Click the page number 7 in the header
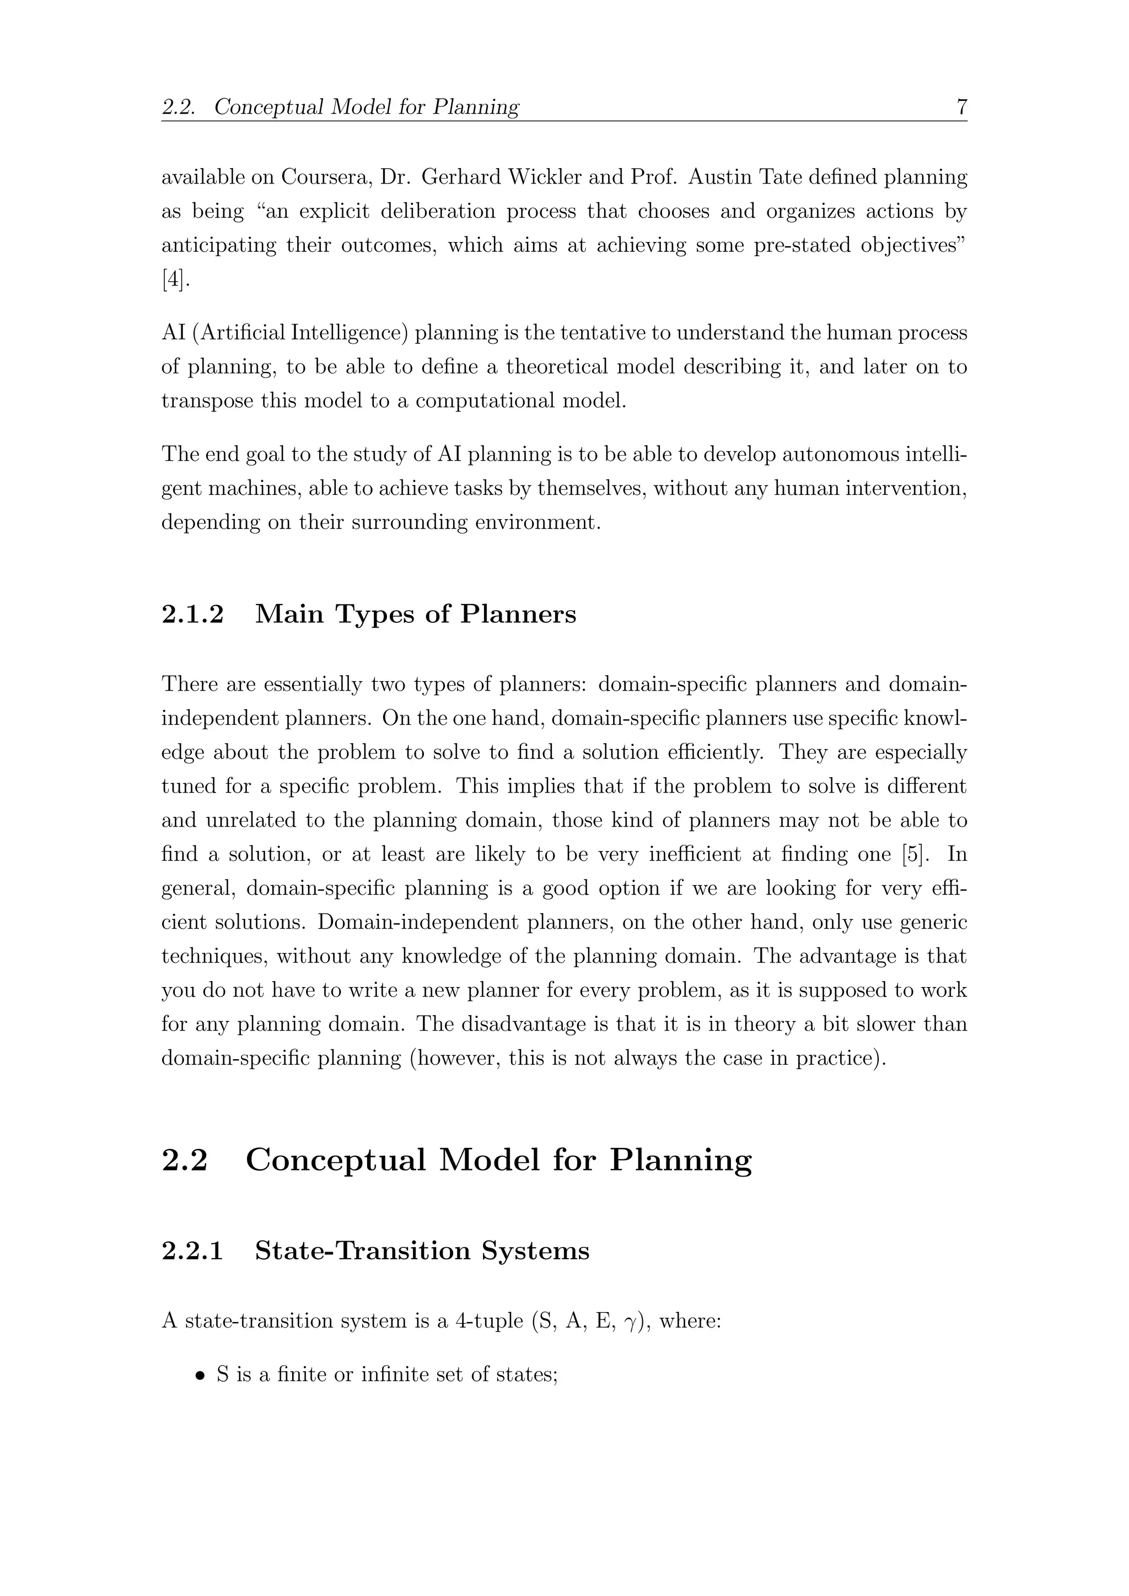coord(961,107)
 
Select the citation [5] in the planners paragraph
coord(914,854)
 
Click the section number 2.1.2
coord(192,614)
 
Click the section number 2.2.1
coord(192,1250)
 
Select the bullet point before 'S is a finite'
coord(200,1376)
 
